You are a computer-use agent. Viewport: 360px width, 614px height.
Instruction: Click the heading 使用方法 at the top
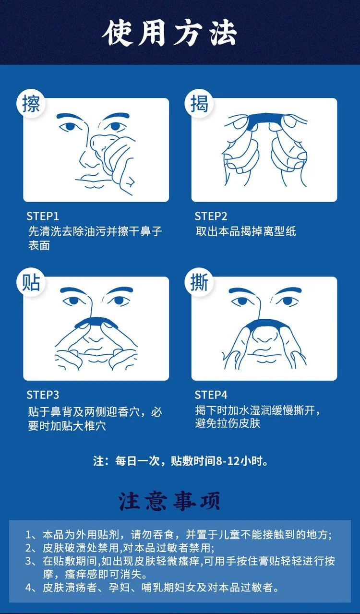(x=169, y=34)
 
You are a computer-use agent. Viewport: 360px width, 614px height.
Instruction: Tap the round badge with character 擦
(x=30, y=104)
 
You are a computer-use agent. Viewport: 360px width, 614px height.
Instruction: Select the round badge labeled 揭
(x=199, y=104)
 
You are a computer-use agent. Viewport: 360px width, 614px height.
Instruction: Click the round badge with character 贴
(x=30, y=282)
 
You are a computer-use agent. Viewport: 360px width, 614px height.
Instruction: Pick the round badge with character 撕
(x=199, y=282)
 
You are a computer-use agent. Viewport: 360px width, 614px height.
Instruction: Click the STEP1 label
(x=43, y=217)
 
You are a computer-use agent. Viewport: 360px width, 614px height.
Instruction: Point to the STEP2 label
(x=211, y=217)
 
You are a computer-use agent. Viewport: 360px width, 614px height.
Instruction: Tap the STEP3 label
(x=43, y=395)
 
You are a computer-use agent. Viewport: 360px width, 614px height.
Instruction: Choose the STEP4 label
(x=211, y=395)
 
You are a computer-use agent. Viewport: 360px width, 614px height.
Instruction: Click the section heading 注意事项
(x=169, y=501)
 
